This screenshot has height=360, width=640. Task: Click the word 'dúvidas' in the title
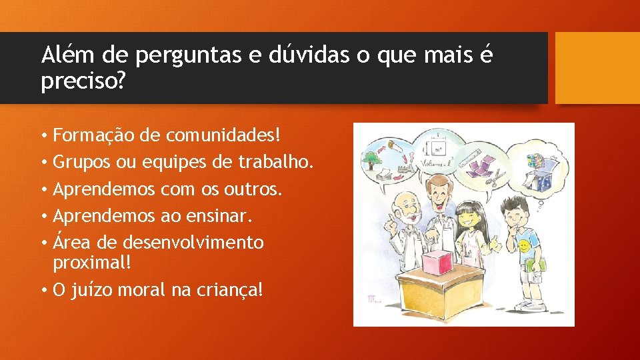[x=309, y=55]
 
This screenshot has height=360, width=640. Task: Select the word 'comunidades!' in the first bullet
[x=223, y=135]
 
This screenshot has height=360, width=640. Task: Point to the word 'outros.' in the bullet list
[x=258, y=189]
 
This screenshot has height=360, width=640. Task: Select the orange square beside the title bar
[x=597, y=68]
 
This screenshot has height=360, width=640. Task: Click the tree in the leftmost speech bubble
[x=371, y=160]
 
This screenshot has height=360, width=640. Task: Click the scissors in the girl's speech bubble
[x=497, y=179]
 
